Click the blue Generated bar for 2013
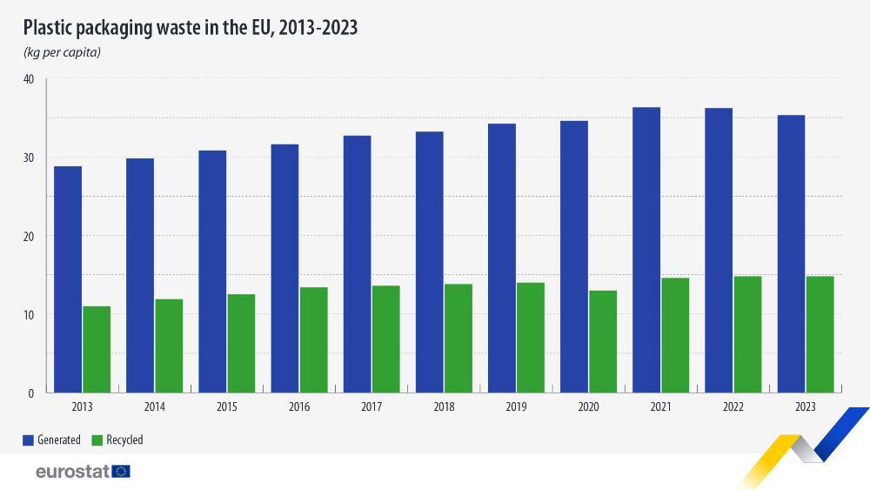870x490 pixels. [x=68, y=279]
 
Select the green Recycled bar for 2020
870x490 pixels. [x=603, y=341]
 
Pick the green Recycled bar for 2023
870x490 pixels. [x=820, y=334]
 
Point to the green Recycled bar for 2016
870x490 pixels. [x=313, y=339]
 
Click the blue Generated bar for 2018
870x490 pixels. [x=429, y=261]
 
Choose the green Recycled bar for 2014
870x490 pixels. [x=169, y=346]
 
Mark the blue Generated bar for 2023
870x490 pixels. [x=791, y=253]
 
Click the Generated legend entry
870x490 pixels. [x=52, y=440]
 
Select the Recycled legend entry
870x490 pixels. [x=119, y=440]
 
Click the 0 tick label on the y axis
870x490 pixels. [x=30, y=393]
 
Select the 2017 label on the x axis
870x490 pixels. [x=371, y=407]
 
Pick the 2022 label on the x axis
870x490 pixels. [x=733, y=407]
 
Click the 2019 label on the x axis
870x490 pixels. [x=516, y=407]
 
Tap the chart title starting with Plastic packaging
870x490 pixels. [x=191, y=28]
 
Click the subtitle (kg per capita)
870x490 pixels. [x=62, y=53]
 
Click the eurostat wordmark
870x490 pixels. [x=72, y=472]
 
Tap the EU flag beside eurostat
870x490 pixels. [x=121, y=472]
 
